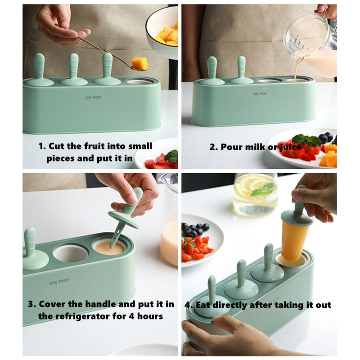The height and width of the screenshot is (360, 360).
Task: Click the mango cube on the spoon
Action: [139, 63]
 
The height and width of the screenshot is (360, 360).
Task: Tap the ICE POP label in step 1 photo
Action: [93, 97]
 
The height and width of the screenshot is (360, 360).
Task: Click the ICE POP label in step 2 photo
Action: [260, 94]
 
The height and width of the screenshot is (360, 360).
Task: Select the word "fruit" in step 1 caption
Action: [94, 146]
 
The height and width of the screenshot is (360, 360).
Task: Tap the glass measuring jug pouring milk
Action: [313, 43]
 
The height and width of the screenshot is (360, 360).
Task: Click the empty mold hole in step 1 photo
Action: [139, 81]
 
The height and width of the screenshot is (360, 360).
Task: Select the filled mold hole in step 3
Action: [109, 247]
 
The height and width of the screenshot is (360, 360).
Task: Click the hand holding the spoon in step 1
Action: [61, 27]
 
